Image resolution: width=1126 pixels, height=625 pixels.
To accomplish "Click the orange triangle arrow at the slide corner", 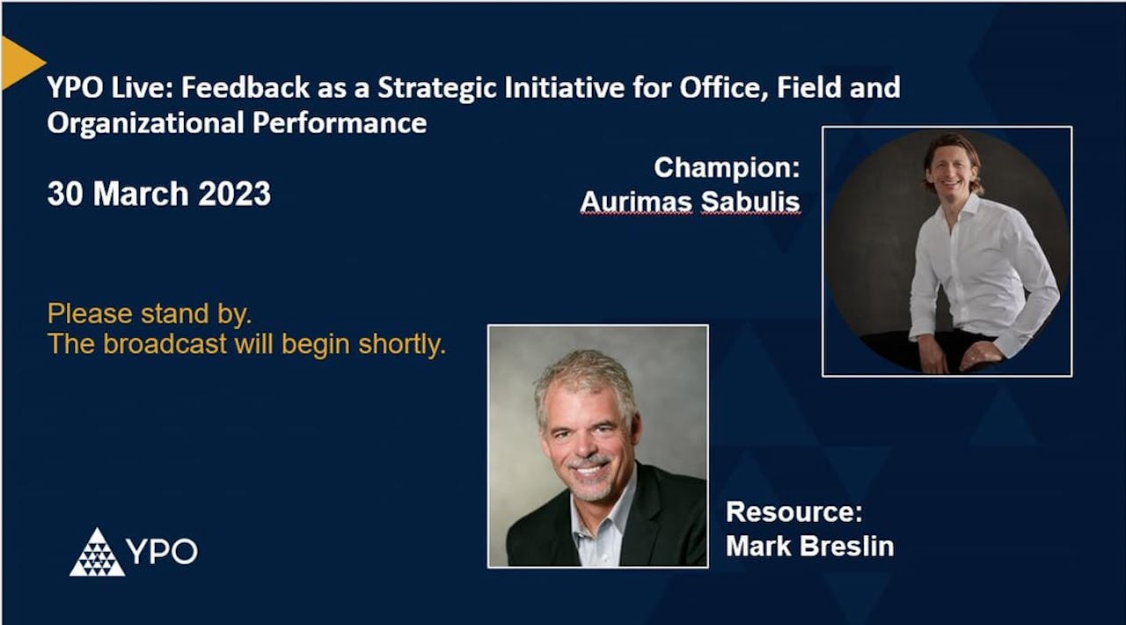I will (19, 62).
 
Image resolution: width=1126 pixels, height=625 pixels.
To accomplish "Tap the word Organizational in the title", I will (146, 122).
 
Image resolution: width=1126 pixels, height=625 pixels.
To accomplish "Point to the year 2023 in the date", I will (234, 194).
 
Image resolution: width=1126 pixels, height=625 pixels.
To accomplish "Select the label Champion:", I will (727, 167).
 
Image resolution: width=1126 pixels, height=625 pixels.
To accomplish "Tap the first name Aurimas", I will (636, 202).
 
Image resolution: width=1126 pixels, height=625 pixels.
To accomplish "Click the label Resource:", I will (793, 511).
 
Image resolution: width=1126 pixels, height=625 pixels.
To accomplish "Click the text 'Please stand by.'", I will (150, 313).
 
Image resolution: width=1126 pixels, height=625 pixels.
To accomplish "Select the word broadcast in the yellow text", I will (165, 344).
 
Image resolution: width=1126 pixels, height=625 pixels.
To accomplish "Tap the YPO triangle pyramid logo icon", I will (97, 553).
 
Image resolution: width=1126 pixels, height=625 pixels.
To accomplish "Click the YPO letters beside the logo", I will (162, 552).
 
